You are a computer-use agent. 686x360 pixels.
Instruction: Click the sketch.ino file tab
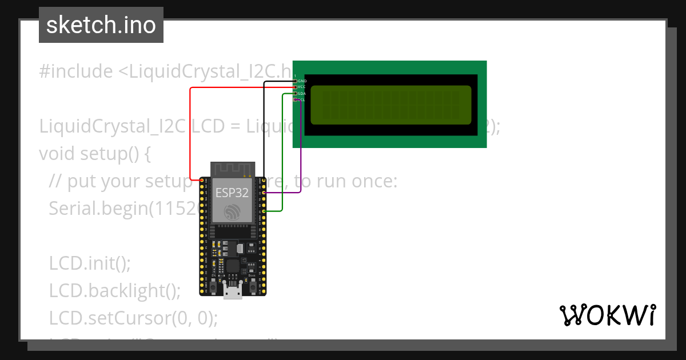[101, 25]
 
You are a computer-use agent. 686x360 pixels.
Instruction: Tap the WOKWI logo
[607, 315]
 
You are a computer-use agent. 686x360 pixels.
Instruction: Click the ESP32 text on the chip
[232, 193]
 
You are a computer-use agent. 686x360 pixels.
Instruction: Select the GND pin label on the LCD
[302, 81]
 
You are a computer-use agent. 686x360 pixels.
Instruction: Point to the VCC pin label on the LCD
[302, 87]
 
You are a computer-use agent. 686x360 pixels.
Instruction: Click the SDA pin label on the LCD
[302, 93]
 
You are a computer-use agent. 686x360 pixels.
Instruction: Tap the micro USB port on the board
[232, 292]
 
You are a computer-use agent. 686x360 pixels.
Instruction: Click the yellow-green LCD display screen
[390, 105]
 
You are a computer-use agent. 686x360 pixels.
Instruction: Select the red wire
[190, 131]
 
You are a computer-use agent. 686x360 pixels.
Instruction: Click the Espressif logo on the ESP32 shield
[232, 212]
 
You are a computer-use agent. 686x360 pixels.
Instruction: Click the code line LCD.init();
[90, 263]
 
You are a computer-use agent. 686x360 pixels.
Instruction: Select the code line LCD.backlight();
[114, 291]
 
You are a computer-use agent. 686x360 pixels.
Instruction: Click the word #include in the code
[76, 71]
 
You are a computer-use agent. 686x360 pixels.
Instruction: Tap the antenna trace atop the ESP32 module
[233, 169]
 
